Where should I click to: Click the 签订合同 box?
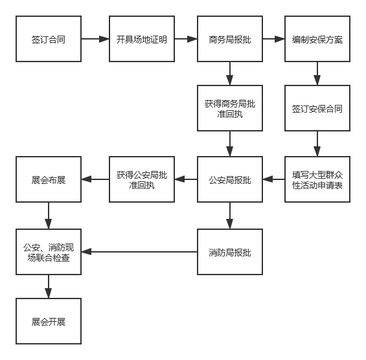pyautogui.click(x=49, y=39)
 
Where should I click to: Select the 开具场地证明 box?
pyautogui.click(x=141, y=39)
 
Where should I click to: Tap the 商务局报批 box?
pyautogui.click(x=230, y=39)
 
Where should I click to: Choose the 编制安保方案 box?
pyautogui.click(x=317, y=39)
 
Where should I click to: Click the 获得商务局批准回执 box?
pyautogui.click(x=230, y=108)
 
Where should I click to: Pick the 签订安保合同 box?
pyautogui.click(x=317, y=108)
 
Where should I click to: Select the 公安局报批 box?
pyautogui.click(x=230, y=179)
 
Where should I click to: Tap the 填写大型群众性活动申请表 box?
pyautogui.click(x=317, y=179)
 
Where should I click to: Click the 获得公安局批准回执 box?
pyautogui.click(x=141, y=179)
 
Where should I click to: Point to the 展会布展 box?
pyautogui.click(x=49, y=179)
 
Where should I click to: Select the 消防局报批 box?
pyautogui.click(x=230, y=251)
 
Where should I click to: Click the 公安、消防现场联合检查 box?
pyautogui.click(x=49, y=251)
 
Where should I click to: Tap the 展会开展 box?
pyautogui.click(x=49, y=321)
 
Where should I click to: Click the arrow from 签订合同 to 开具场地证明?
pyautogui.click(x=95, y=39)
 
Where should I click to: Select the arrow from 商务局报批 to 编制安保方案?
pyautogui.click(x=273, y=39)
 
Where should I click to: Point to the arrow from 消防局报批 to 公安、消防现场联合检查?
pyautogui.click(x=139, y=251)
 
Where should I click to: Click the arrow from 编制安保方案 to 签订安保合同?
pyautogui.click(x=317, y=73)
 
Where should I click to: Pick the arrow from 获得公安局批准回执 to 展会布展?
pyautogui.click(x=95, y=179)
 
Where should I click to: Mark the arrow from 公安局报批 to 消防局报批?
pyautogui.click(x=230, y=215)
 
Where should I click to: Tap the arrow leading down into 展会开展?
pyautogui.click(x=49, y=286)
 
